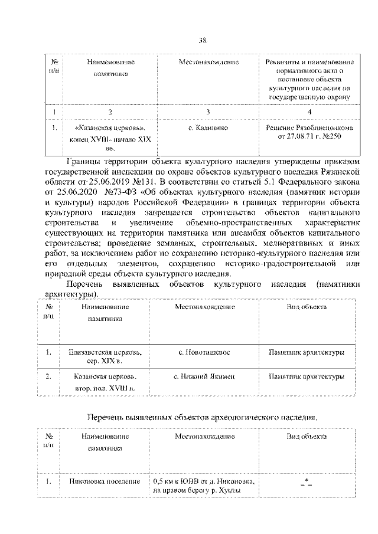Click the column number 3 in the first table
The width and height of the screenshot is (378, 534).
tap(208, 112)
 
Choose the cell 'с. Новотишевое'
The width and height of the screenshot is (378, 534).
tap(204, 352)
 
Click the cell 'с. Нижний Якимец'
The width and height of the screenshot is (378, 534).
tap(204, 376)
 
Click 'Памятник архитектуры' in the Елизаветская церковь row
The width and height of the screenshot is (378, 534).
tap(307, 352)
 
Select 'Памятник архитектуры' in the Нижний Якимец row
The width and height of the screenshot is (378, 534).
tap(307, 376)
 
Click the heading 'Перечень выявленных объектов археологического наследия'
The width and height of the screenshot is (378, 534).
tap(201, 417)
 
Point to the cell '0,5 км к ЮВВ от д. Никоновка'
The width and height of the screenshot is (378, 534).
tap(204, 485)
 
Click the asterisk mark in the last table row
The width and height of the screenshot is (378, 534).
tap(307, 483)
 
